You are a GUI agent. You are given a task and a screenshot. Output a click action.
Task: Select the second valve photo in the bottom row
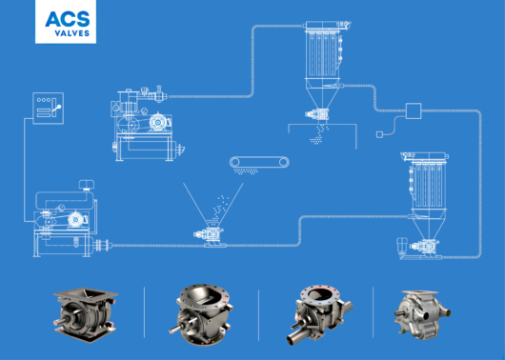point(201,314)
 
